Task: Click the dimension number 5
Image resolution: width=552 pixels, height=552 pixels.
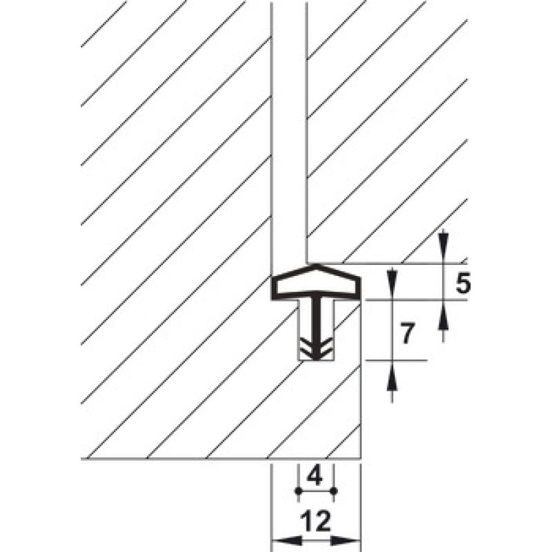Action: (x=463, y=284)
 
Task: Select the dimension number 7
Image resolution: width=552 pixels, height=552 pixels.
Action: (x=407, y=333)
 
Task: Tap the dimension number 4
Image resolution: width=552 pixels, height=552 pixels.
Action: (x=315, y=477)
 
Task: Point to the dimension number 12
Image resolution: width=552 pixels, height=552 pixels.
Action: (x=316, y=521)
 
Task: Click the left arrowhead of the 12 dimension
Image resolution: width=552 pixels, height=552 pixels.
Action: (x=288, y=540)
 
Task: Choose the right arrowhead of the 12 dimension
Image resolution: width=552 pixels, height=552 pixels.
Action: (x=346, y=540)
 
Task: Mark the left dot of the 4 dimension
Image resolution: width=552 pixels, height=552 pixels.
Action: (x=298, y=491)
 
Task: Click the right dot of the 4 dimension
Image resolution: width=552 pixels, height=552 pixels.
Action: (x=334, y=491)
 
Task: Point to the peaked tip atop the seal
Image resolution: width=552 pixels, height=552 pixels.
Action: (x=316, y=264)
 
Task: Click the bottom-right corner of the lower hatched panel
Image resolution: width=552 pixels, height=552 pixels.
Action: (x=361, y=459)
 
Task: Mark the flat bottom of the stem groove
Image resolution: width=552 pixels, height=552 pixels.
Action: (x=316, y=360)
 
